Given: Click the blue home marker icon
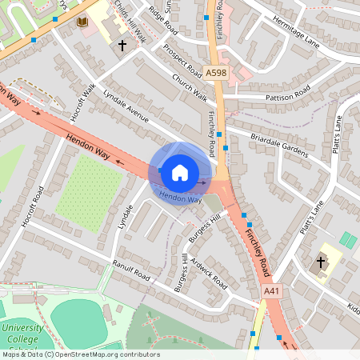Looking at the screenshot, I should [180, 172].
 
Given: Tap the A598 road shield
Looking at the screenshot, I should [216, 73].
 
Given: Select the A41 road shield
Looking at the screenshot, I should [272, 294].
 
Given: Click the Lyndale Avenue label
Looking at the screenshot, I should [126, 106].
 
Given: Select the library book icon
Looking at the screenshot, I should [82, 22].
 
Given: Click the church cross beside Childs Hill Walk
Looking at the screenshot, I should [122, 46].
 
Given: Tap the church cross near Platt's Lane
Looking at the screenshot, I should [322, 262].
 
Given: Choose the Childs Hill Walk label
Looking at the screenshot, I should [130, 20].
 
